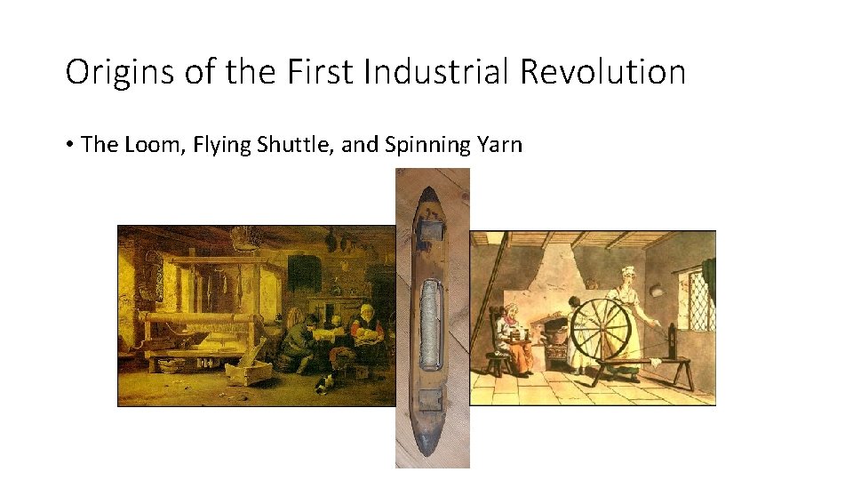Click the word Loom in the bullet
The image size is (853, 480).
point(141,144)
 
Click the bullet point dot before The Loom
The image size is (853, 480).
point(70,145)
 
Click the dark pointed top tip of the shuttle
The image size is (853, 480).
point(432,178)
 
